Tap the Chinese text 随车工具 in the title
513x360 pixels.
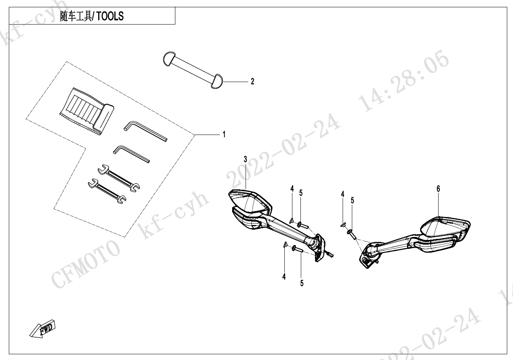[x=76, y=16]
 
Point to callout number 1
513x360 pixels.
[x=224, y=135]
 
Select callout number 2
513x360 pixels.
[x=252, y=81]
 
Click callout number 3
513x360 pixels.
[x=246, y=159]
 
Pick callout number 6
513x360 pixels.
[x=438, y=189]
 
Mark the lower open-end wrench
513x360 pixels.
[x=107, y=191]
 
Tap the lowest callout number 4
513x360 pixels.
[x=284, y=276]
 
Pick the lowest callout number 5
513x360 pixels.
[x=302, y=283]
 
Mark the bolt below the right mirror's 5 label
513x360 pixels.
[x=351, y=233]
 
